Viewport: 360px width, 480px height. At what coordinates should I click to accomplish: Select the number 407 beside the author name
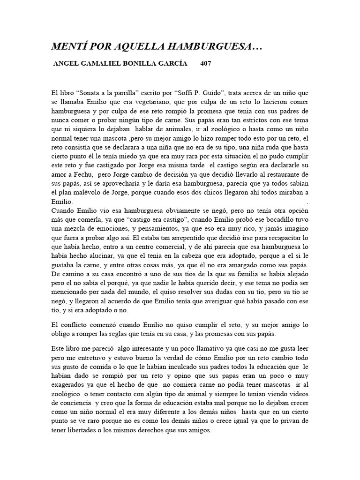click(205, 64)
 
